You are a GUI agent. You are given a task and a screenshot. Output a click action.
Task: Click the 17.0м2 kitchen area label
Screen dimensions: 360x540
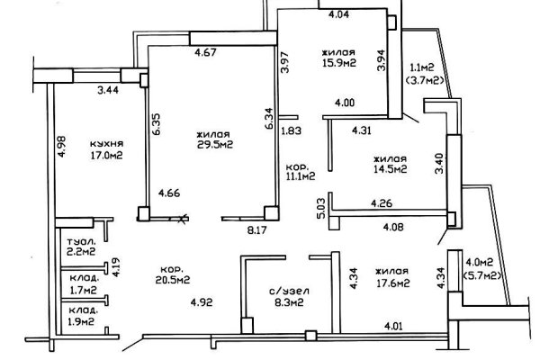pyautogui.click(x=106, y=155)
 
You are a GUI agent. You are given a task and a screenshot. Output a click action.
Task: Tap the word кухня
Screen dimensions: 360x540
pyautogui.click(x=106, y=143)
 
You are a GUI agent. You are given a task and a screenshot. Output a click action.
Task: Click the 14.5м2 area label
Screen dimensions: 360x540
pyautogui.click(x=391, y=168)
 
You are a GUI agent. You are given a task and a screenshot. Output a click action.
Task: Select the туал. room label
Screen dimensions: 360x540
pyautogui.click(x=81, y=242)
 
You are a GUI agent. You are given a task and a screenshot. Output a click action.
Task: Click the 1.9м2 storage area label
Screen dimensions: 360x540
pyautogui.click(x=82, y=321)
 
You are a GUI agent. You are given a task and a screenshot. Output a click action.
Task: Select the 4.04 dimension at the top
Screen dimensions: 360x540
pyautogui.click(x=338, y=15)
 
